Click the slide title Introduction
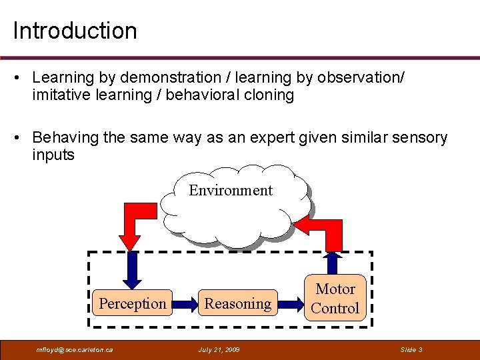(75, 31)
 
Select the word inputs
(53, 155)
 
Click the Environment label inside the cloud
(231, 190)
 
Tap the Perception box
(132, 304)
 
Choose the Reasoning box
(237, 304)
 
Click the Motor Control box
(335, 299)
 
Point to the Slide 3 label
(411, 349)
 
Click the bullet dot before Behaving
(21, 138)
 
